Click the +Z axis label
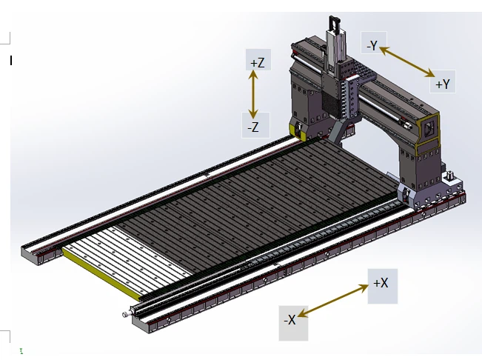(x=258, y=63)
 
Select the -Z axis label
(x=253, y=127)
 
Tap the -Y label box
(x=372, y=45)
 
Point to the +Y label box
(x=443, y=84)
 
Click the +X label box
(x=381, y=283)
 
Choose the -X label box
(x=290, y=320)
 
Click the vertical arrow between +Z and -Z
(x=255, y=95)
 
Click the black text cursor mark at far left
(x=11, y=61)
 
